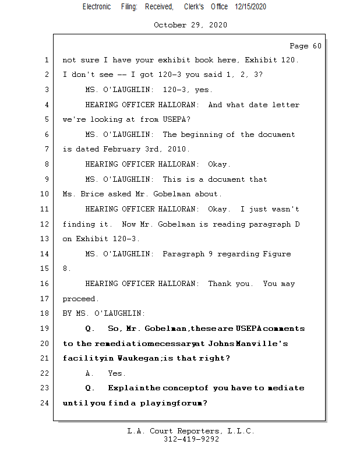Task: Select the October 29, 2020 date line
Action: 190,25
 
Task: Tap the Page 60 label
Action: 305,46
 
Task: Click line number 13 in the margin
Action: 45,239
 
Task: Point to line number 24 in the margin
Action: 45,403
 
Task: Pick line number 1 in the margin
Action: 47,60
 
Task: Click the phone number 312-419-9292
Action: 191,439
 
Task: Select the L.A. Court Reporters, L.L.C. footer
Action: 190,431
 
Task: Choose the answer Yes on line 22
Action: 117,373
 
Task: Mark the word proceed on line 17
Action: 80,299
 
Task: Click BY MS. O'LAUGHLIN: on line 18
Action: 104,313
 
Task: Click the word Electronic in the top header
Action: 97,6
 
